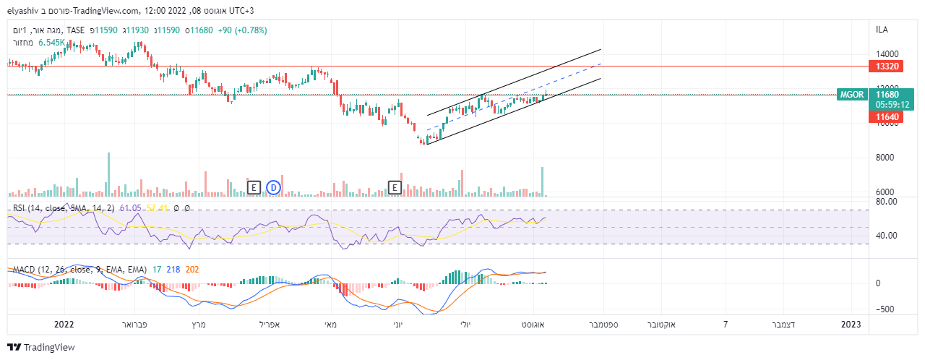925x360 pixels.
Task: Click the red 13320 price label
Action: [887, 66]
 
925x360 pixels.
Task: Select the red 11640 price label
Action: [887, 116]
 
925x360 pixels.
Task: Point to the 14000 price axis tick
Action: [887, 54]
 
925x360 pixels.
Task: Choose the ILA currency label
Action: [882, 30]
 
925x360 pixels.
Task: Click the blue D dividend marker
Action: [273, 187]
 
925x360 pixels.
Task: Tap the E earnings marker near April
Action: [253, 187]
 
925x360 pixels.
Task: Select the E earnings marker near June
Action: [395, 187]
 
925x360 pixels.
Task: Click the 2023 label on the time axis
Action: [851, 325]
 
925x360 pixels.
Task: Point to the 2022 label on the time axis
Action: [64, 325]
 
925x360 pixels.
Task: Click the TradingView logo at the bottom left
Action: [41, 347]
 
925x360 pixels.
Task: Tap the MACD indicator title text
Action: [79, 269]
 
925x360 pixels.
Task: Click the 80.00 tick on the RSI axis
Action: [886, 201]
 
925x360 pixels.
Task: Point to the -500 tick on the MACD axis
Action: [885, 309]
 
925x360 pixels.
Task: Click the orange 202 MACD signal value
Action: [192, 269]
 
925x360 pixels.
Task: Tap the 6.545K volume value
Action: [53, 43]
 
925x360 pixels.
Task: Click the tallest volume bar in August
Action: [542, 181]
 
